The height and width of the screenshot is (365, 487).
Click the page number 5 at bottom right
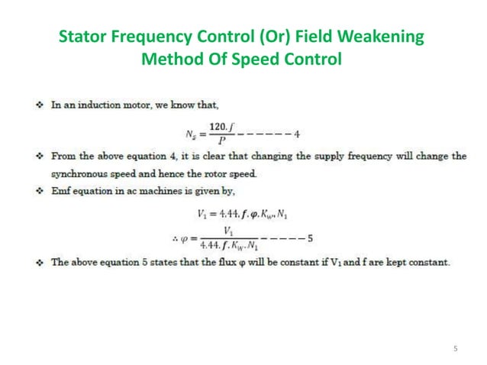point(455,349)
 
